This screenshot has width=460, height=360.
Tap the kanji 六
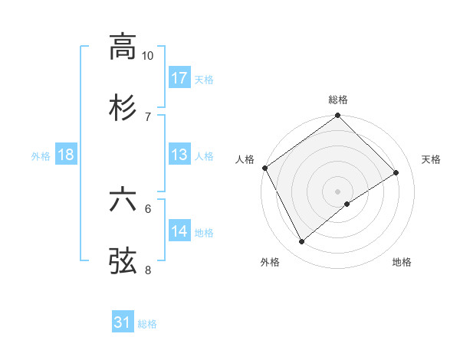pyautogui.click(x=123, y=200)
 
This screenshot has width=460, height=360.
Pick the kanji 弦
pyautogui.click(x=123, y=260)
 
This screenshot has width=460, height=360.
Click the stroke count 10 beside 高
pyautogui.click(x=148, y=56)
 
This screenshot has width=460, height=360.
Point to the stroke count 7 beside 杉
pyautogui.click(x=148, y=116)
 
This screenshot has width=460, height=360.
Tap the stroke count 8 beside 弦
pyautogui.click(x=148, y=270)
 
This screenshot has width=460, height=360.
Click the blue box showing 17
pyautogui.click(x=179, y=78)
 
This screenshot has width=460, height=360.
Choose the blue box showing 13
pyautogui.click(x=179, y=155)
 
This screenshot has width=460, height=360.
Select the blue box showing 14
pyautogui.click(x=179, y=231)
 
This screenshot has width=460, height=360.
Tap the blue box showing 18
pyautogui.click(x=66, y=155)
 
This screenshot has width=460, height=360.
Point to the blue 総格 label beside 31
pyautogui.click(x=147, y=324)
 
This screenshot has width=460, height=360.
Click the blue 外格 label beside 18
pyautogui.click(x=41, y=155)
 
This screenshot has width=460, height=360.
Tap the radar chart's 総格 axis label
pyautogui.click(x=338, y=100)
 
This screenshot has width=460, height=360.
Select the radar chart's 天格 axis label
pyautogui.click(x=431, y=159)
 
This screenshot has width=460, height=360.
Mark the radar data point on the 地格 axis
pyautogui.click(x=347, y=204)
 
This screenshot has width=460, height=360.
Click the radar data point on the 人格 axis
pyautogui.click(x=264, y=168)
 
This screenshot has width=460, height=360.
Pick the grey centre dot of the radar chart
pyautogui.click(x=337, y=191)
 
